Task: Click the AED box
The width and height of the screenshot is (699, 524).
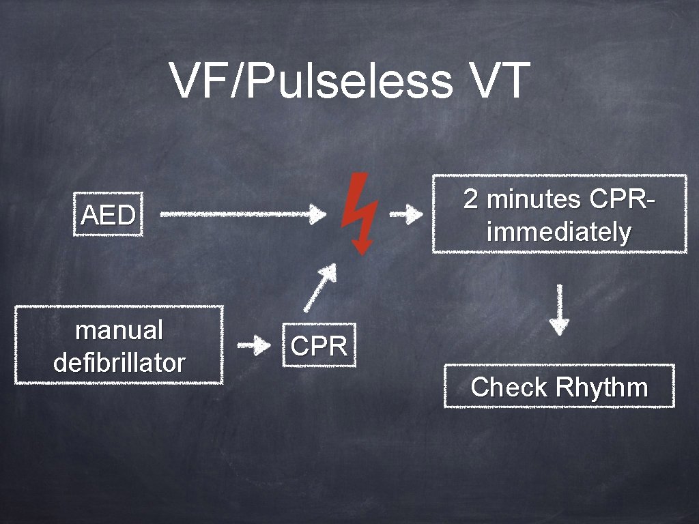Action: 108,216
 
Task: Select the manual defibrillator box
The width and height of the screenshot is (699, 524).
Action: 119,345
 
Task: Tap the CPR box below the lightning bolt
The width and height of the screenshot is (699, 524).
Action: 319,346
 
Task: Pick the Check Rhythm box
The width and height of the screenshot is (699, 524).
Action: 559,387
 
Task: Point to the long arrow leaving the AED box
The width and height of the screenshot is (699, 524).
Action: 242,214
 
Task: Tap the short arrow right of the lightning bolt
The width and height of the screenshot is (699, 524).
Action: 406,216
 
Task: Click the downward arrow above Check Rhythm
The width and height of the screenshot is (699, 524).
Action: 560,308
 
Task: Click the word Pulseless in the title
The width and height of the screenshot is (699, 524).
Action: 348,82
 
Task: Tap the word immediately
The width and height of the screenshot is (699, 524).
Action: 559,233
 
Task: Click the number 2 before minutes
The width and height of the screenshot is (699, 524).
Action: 470,199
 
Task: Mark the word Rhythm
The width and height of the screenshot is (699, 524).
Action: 601,387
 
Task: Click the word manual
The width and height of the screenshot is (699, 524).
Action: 119,330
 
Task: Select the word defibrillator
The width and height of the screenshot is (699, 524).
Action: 119,362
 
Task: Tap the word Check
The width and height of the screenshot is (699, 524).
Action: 509,387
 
